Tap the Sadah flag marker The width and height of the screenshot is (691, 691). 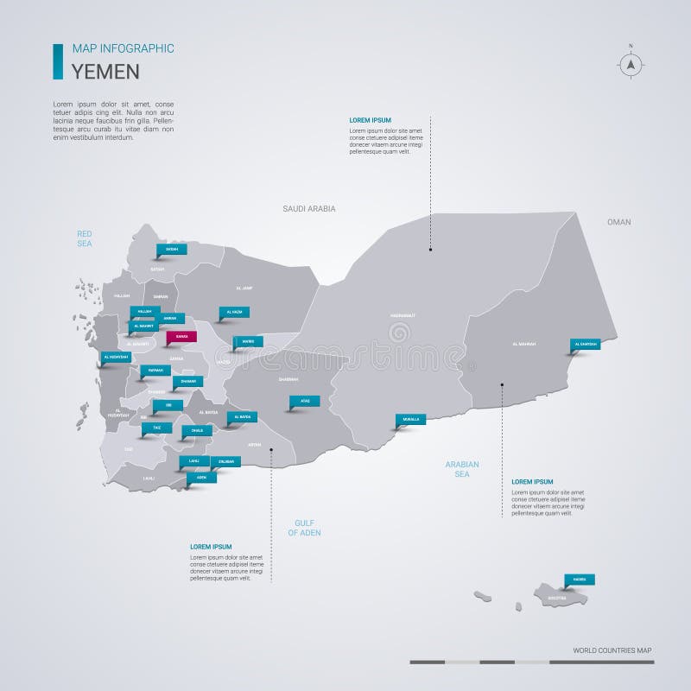(171, 250)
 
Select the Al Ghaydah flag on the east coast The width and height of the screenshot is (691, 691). (585, 345)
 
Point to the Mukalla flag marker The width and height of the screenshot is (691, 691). (411, 420)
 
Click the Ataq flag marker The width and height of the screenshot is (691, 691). (305, 401)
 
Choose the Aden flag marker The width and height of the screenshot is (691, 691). (202, 477)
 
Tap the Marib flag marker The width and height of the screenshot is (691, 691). (247, 341)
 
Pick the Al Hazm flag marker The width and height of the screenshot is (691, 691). (233, 312)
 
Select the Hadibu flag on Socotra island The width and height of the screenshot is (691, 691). (580, 580)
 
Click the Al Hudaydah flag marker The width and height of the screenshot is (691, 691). (116, 357)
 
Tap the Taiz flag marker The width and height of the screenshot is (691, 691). (156, 428)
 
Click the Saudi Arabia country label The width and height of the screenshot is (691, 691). (308, 209)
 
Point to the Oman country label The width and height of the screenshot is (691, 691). (618, 222)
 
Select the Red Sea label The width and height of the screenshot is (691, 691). (84, 238)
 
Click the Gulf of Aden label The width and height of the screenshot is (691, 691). (304, 529)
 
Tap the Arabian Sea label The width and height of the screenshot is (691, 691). (462, 469)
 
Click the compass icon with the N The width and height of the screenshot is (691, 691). (631, 63)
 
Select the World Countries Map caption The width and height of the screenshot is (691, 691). (612, 650)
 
